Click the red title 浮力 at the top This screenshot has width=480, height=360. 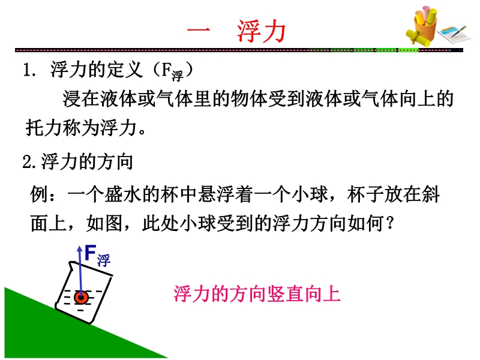(262, 31)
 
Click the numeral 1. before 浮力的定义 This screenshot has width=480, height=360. (29, 70)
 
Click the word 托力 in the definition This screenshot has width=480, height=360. (44, 127)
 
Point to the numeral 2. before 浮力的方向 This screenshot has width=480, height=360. (31, 162)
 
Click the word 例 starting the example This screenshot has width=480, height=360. (39, 194)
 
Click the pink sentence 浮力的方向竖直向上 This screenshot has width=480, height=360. (257, 294)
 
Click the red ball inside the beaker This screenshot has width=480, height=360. (81, 297)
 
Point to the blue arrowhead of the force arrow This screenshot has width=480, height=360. (80, 248)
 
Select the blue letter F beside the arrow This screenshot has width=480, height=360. (91, 253)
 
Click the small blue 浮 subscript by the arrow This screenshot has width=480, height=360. (104, 261)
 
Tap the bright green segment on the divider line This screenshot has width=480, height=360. (409, 50)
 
